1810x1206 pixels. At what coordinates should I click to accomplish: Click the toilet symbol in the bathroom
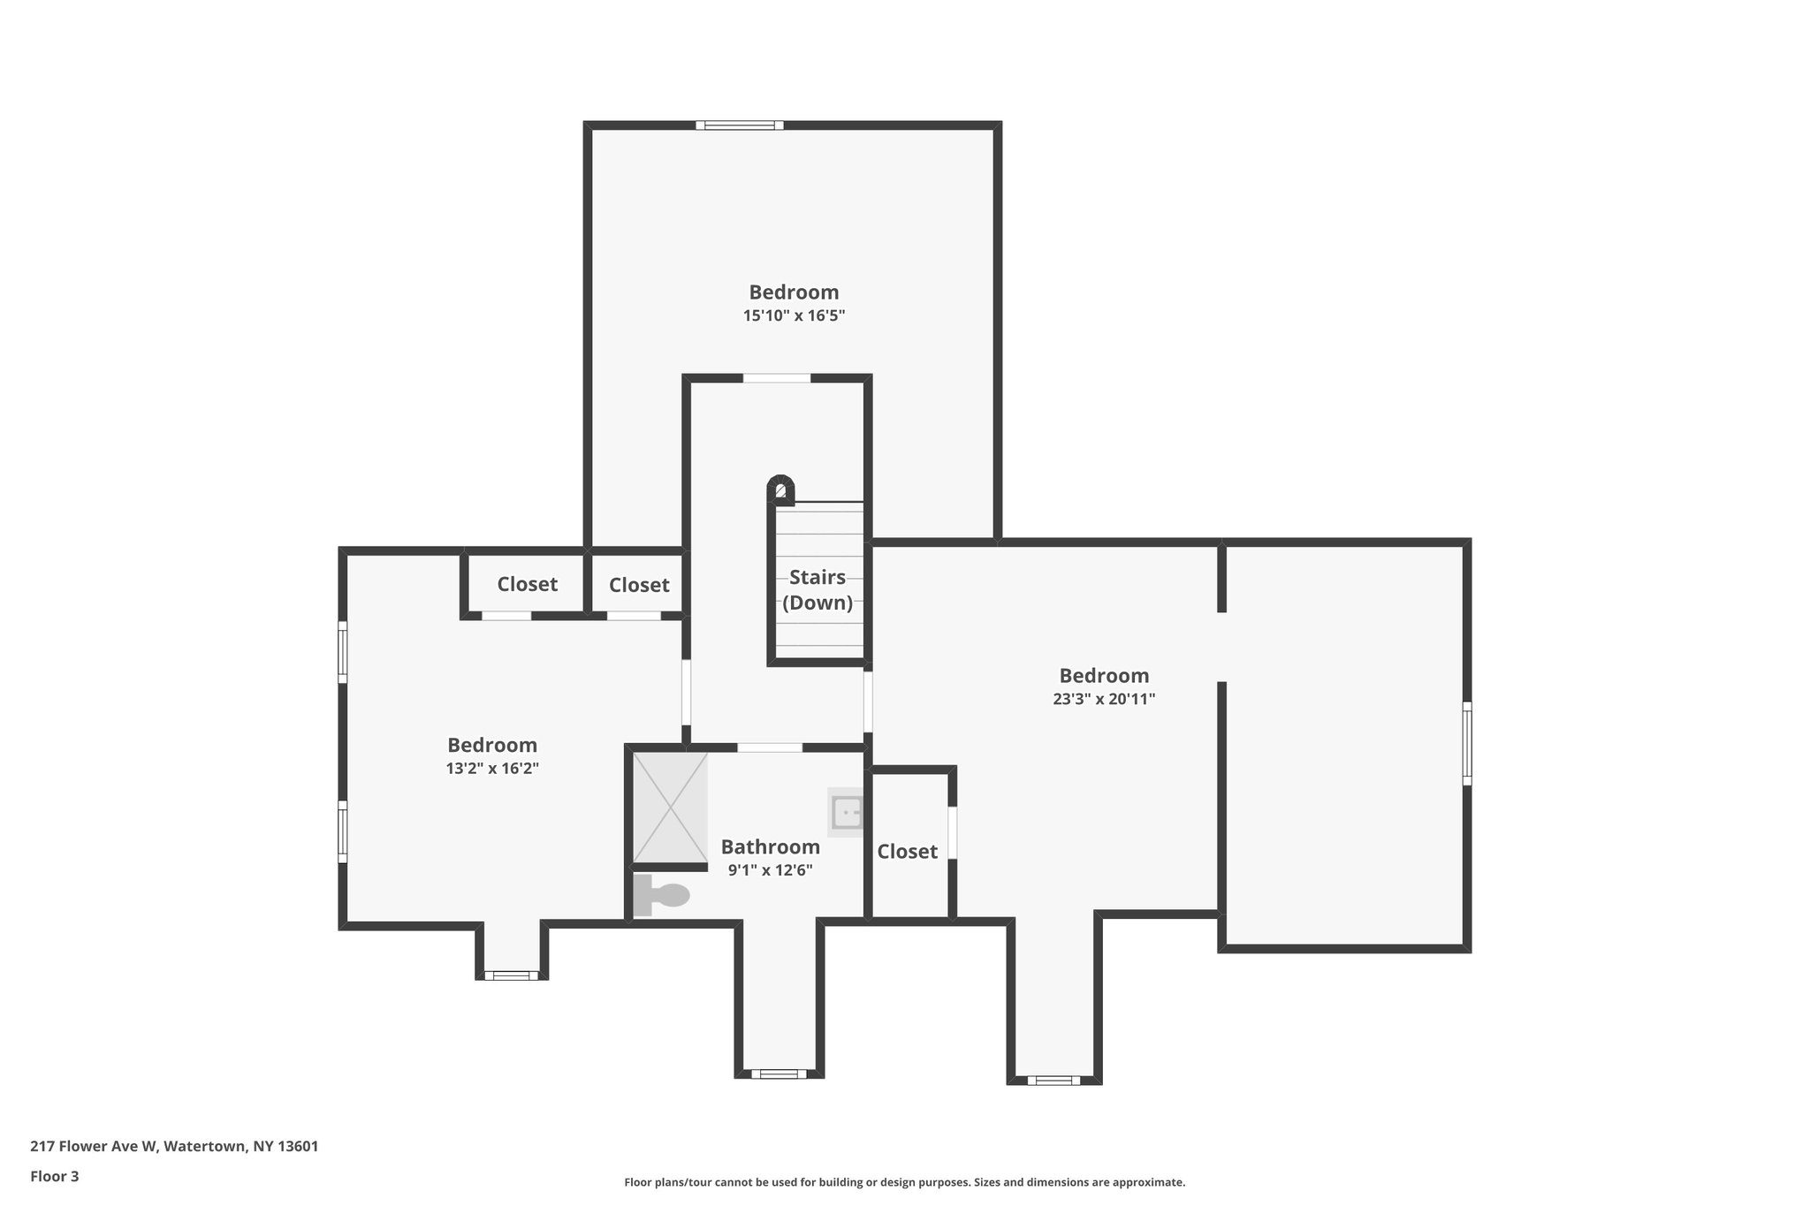click(663, 895)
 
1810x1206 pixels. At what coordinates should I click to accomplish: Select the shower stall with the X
click(671, 807)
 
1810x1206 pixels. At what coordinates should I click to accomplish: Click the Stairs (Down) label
click(818, 590)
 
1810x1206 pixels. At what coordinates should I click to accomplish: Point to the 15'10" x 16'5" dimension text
click(794, 315)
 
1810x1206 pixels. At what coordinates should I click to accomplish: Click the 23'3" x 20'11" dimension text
click(1104, 699)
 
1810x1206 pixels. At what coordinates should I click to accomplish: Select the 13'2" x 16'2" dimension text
click(492, 769)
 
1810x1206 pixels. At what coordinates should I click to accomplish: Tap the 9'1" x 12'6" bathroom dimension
click(770, 870)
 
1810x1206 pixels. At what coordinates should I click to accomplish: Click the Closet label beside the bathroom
click(907, 852)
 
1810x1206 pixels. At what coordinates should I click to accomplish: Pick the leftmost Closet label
click(527, 584)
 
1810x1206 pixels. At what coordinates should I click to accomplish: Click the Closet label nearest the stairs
click(638, 585)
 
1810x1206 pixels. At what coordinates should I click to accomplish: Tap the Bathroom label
click(770, 847)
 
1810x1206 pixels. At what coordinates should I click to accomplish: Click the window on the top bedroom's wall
click(740, 125)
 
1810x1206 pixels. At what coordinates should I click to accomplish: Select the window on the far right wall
click(1466, 743)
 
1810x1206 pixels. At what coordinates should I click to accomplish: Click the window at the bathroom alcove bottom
click(779, 1073)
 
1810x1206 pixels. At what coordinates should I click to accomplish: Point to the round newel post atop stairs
click(780, 489)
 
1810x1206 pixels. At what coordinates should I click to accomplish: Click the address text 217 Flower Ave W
click(174, 1147)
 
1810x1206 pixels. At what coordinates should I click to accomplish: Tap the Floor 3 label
click(55, 1176)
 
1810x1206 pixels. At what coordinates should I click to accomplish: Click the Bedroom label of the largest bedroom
click(1104, 676)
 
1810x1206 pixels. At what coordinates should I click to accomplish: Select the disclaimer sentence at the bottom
click(904, 1182)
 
